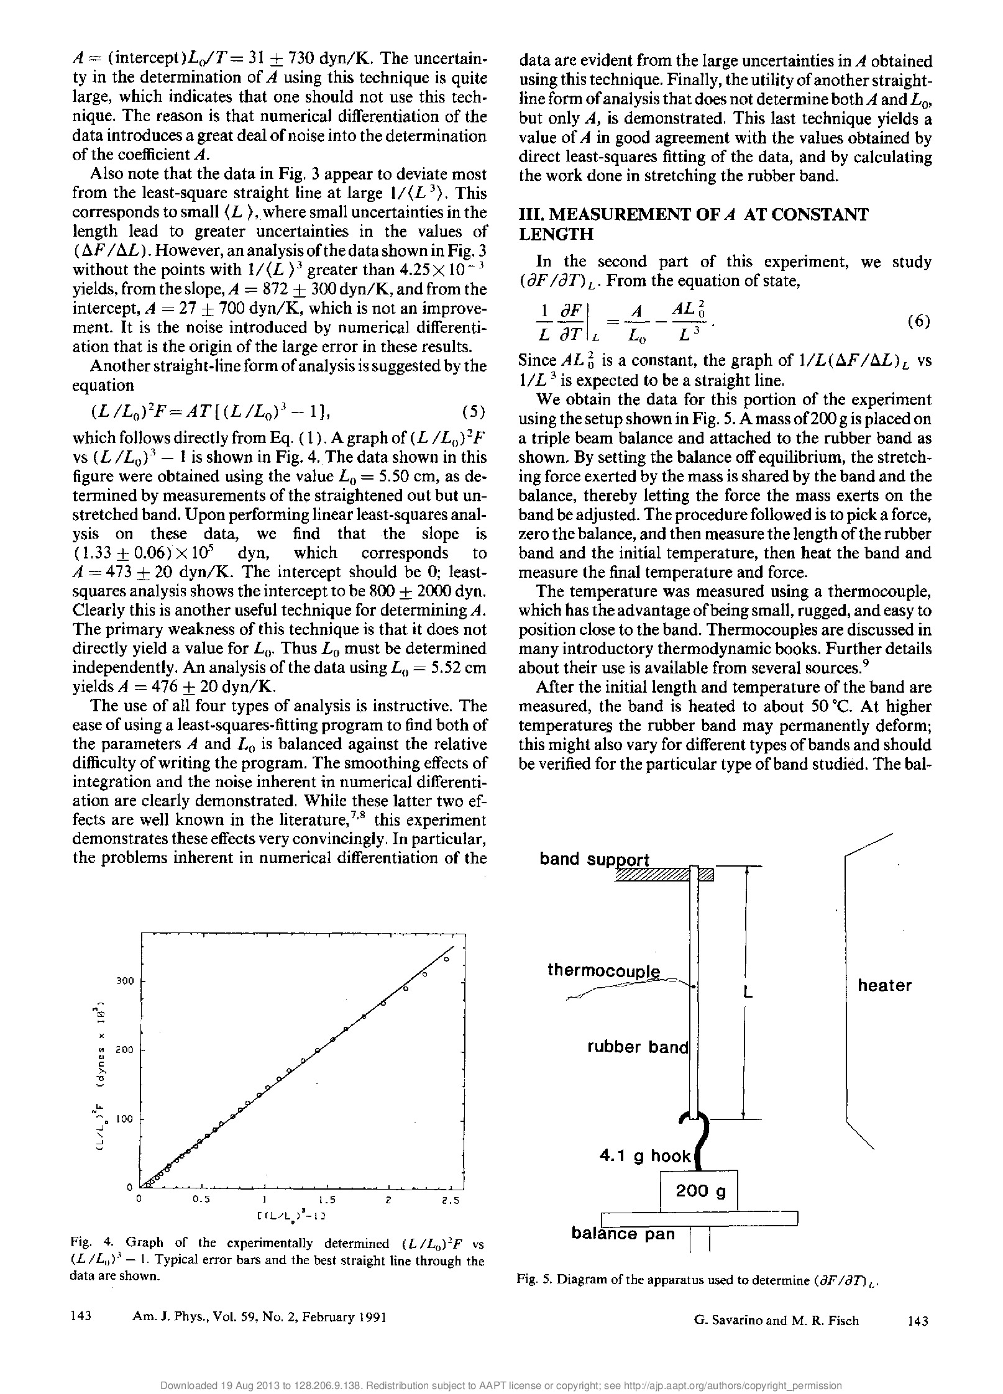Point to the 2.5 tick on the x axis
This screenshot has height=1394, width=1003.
[x=450, y=1200]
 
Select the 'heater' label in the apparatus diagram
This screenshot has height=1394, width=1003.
[x=884, y=986]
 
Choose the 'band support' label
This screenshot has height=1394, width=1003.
[x=594, y=859]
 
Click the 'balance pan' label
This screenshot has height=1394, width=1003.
[x=623, y=1234]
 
